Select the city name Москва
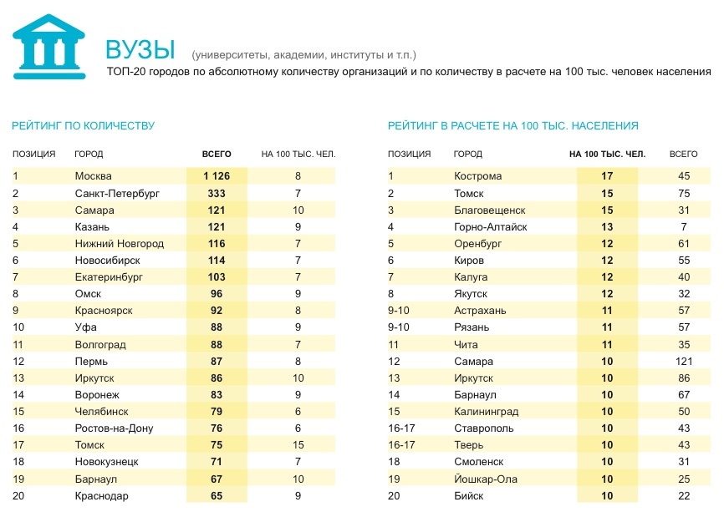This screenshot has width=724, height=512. tap(93, 176)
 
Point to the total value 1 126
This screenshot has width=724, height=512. tap(217, 176)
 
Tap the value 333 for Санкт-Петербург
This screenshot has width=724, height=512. tap(217, 193)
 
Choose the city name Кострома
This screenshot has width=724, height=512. tap(477, 176)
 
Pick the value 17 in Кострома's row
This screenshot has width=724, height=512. tap(607, 176)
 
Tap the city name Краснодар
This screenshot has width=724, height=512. tap(101, 495)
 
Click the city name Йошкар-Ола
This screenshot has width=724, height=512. tap(486, 479)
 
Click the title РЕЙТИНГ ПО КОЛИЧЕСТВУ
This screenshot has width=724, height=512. tap(83, 125)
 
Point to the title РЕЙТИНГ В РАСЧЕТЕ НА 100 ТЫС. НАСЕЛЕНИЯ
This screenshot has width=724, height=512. tap(512, 125)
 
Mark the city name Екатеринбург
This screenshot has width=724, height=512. tap(110, 276)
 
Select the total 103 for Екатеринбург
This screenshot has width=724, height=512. tap(217, 276)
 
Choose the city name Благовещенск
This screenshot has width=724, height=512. tap(489, 210)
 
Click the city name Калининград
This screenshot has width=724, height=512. tap(486, 412)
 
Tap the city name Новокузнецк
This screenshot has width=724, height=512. tap(106, 462)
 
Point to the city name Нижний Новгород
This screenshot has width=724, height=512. tap(119, 243)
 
